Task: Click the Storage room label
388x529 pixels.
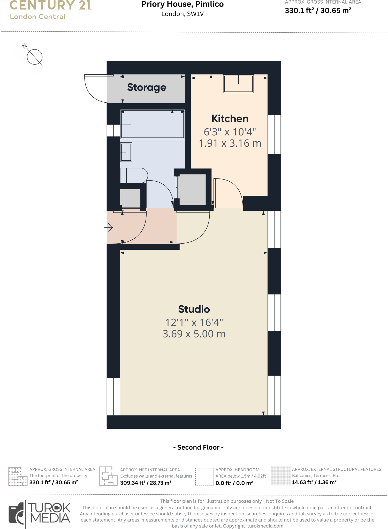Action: click(147, 88)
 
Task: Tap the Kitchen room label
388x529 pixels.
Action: click(230, 119)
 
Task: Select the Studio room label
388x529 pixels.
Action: click(194, 309)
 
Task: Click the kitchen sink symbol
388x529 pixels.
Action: click(238, 84)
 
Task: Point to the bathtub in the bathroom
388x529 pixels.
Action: click(153, 124)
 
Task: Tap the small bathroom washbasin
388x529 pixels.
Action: click(126, 152)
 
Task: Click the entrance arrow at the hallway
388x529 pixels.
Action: click(109, 227)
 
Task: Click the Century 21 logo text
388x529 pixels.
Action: click(50, 5)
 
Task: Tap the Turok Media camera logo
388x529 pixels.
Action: click(17, 514)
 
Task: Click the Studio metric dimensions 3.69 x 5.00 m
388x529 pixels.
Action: click(194, 334)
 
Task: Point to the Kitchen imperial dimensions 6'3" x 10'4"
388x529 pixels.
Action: click(230, 132)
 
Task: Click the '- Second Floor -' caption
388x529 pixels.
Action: click(198, 447)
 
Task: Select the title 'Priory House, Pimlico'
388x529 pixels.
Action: click(182, 4)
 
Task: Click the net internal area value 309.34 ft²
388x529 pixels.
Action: click(146, 483)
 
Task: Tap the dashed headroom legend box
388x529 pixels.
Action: click(204, 477)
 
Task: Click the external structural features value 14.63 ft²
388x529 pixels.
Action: click(314, 482)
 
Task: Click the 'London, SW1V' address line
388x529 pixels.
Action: click(182, 14)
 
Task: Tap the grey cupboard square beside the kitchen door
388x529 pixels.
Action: click(192, 190)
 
